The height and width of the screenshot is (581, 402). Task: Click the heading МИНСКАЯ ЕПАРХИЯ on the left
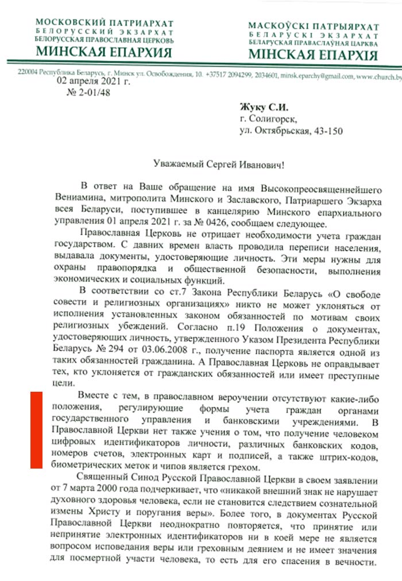point(103,52)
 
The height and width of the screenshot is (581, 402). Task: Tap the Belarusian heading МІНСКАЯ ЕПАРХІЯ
point(313,55)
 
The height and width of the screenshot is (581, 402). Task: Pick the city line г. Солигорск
point(270,119)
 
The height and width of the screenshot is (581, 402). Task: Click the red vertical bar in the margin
point(37,430)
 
